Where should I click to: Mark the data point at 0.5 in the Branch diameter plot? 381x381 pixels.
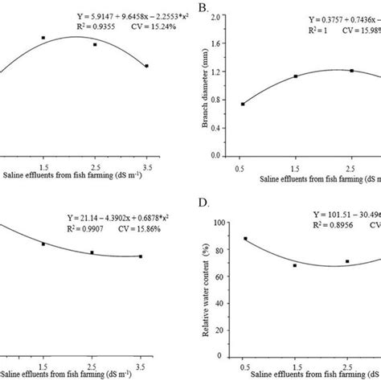coord(243,104)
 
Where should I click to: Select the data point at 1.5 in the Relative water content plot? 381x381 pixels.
coord(295,265)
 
